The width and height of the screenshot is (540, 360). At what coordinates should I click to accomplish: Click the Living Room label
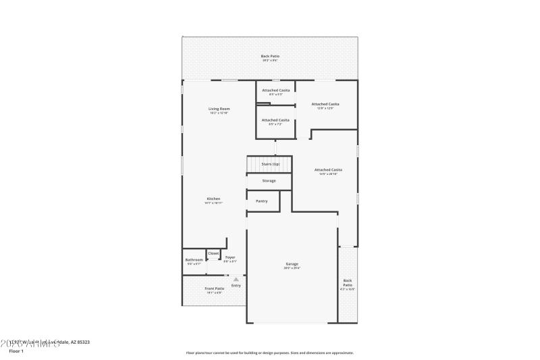[x=219, y=109]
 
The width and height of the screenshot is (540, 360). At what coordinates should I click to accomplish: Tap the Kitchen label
[x=213, y=199]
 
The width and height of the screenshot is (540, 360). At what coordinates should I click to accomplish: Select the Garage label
[x=292, y=264]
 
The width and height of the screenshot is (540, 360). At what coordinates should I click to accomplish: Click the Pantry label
[x=262, y=201]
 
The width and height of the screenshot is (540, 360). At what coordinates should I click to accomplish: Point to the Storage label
[x=269, y=180]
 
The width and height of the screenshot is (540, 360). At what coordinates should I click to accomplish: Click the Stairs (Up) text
[x=270, y=164]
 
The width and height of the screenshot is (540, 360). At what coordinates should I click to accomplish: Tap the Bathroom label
[x=194, y=259]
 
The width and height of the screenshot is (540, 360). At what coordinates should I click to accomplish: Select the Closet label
[x=213, y=253]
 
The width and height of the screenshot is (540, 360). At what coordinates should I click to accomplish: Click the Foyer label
[x=230, y=257]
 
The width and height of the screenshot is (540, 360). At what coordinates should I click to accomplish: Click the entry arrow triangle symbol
[x=236, y=278]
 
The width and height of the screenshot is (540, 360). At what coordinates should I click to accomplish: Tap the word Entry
[x=236, y=285]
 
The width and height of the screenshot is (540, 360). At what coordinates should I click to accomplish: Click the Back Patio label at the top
[x=270, y=56]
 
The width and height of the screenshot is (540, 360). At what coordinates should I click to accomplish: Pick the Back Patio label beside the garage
[x=347, y=282]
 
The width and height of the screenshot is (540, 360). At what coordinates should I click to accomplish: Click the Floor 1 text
[x=16, y=351]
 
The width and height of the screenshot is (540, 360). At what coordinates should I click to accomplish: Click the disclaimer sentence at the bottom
[x=269, y=352]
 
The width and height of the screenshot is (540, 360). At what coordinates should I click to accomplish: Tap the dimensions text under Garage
[x=292, y=268]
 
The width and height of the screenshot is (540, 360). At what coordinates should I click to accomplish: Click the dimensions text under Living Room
[x=219, y=113]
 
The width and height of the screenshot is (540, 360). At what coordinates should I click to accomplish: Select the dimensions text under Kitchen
[x=213, y=203]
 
